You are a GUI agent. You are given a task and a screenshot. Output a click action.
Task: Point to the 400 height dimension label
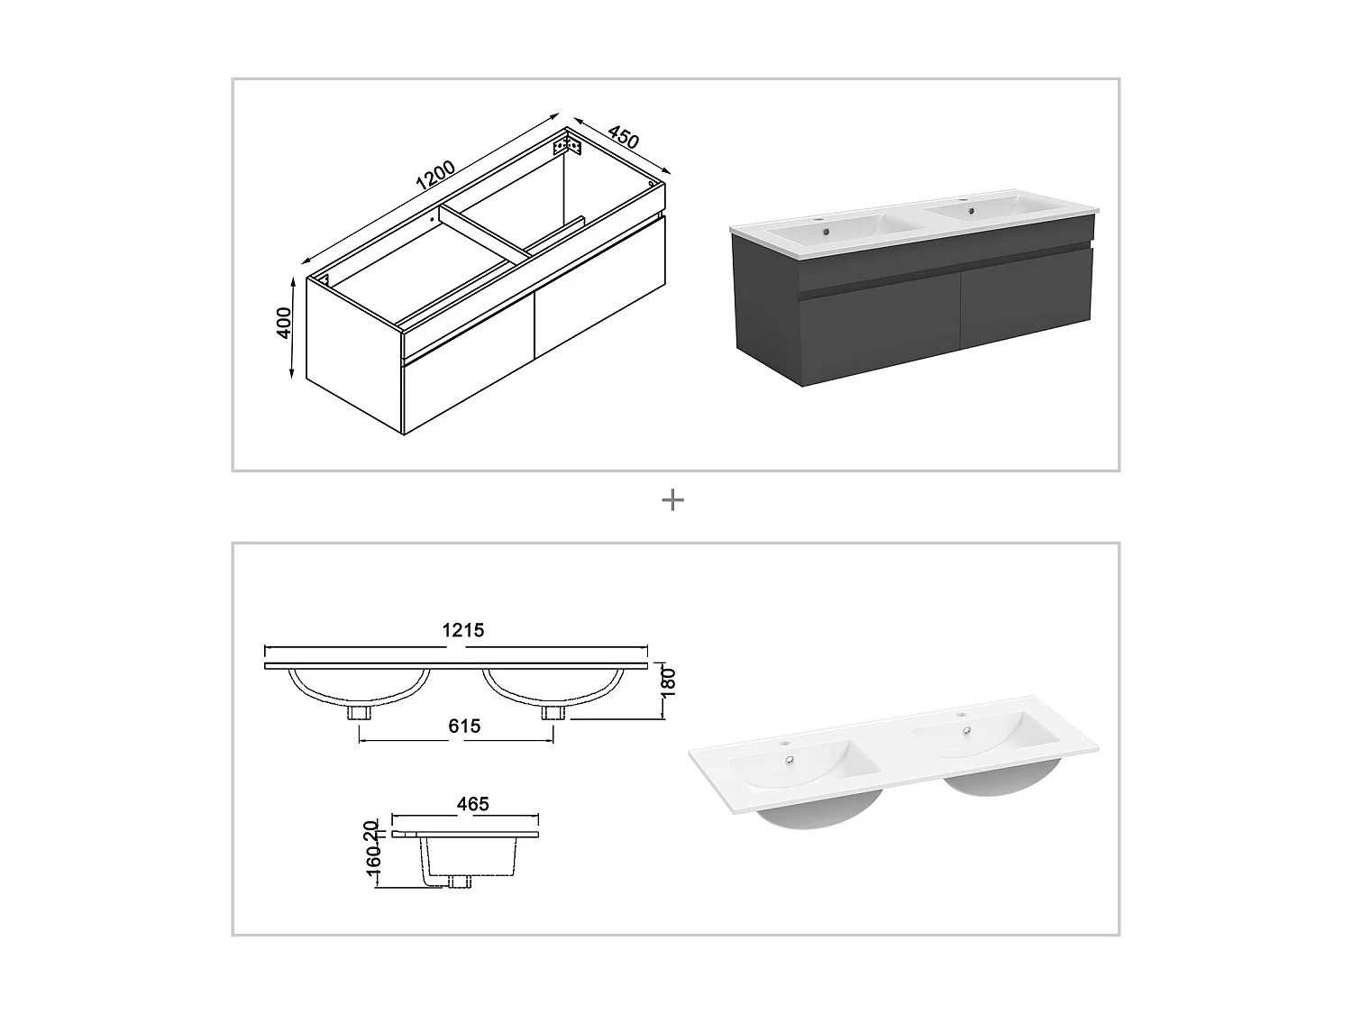point(285,323)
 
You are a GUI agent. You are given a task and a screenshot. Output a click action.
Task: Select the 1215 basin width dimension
point(462,630)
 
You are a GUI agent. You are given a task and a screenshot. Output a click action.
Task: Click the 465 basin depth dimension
point(472,803)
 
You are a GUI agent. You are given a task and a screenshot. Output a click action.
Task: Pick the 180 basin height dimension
point(668,681)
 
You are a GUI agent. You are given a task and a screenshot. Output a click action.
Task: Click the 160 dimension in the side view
point(374,867)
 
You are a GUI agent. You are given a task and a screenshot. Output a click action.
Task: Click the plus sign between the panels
point(672,500)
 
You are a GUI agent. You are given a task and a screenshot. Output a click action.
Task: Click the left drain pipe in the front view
point(361,713)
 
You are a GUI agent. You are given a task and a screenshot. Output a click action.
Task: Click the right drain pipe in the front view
point(553,713)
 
